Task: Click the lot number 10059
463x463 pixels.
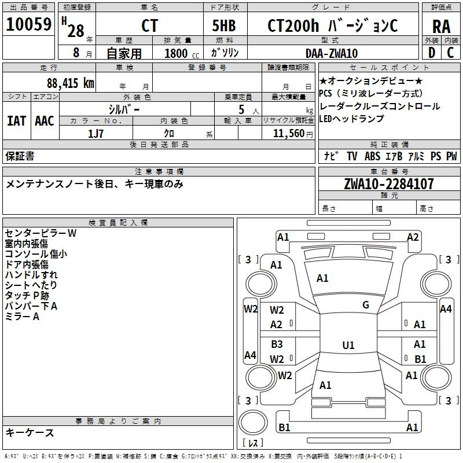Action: coord(28,24)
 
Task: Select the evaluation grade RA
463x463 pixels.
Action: coord(441,27)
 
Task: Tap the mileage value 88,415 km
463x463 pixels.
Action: coord(70,83)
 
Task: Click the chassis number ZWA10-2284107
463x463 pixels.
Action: coord(389,184)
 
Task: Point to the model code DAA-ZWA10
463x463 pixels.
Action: coord(332,53)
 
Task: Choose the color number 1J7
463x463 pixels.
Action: coord(95,134)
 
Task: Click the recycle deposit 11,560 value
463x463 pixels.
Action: coord(288,134)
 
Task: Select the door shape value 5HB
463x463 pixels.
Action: coord(224,25)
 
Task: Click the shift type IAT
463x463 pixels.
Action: coord(16,121)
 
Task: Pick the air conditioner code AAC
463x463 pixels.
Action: coord(45,121)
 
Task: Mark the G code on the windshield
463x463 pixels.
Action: coord(366,305)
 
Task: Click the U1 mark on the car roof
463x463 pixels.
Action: coord(348,345)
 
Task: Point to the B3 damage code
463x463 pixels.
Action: coord(277,344)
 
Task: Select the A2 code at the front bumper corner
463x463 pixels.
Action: coord(413,237)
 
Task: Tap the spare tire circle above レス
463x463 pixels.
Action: coord(253,422)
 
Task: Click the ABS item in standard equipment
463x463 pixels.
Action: coord(372,156)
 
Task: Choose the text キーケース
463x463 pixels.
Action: coord(30,432)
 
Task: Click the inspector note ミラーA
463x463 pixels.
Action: coord(22,317)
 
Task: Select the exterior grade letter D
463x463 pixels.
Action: coord(432,53)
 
